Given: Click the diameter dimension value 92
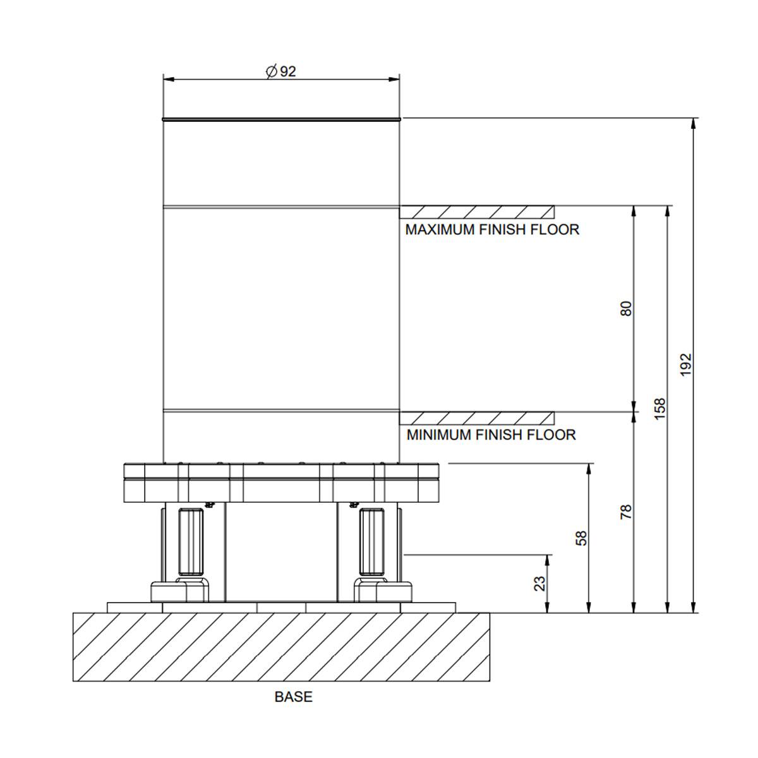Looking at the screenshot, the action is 288,71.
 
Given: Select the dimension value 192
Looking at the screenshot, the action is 685,364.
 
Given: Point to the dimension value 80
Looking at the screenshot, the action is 626,308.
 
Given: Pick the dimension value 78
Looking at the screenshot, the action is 626,512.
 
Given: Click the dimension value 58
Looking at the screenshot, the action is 581,538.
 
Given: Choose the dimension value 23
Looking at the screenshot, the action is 540,584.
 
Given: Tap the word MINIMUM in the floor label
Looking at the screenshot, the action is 438,435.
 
